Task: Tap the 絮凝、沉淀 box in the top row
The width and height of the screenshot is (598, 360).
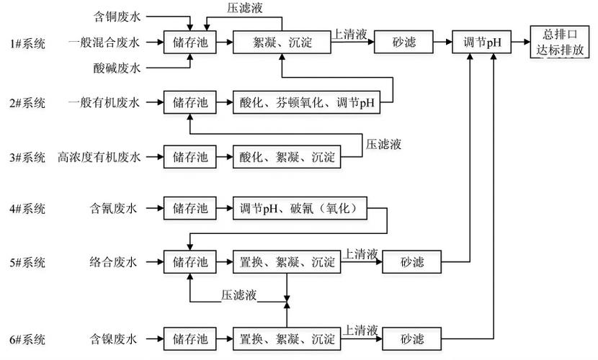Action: click(x=281, y=42)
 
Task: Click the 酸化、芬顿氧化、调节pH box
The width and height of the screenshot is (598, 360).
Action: click(x=308, y=102)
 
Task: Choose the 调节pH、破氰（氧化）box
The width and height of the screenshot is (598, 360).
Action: click(x=303, y=209)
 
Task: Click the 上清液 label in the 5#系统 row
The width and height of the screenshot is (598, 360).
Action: click(x=360, y=253)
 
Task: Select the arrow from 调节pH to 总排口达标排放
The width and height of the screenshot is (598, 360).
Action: click(x=520, y=42)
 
